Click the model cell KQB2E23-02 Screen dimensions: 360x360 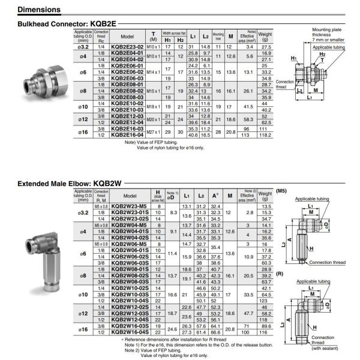tap(127, 46)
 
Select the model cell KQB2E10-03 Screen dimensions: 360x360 tap(127, 110)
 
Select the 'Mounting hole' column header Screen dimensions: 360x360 tap(218, 35)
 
